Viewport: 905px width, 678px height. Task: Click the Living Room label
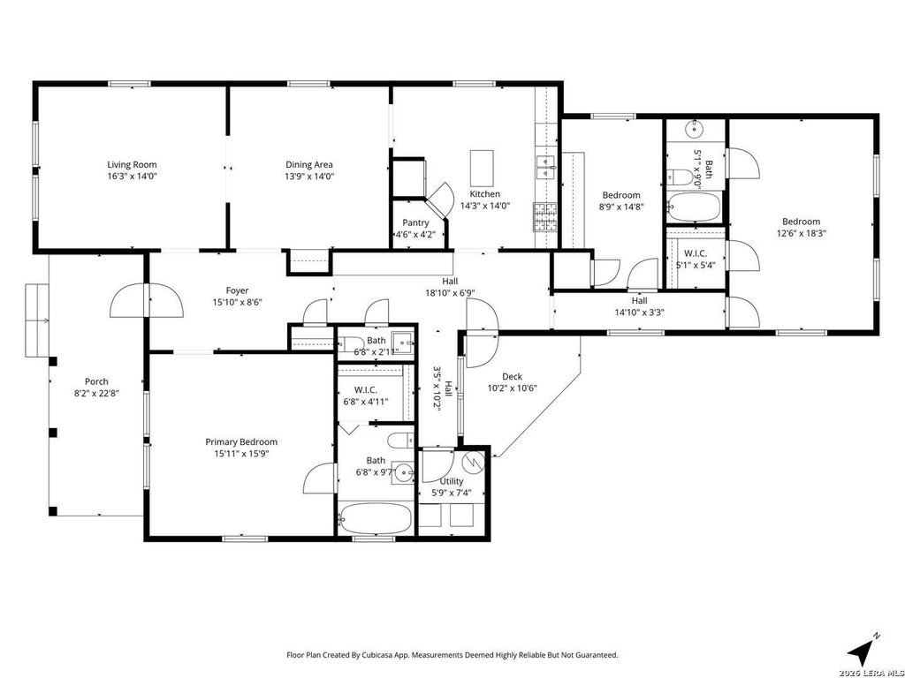(133, 165)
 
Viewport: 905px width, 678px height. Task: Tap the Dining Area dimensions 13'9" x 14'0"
(309, 177)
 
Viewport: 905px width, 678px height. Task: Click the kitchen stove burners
(545, 217)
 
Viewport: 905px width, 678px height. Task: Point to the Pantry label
(415, 223)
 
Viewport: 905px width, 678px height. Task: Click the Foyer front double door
(148, 302)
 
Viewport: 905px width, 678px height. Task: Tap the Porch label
(96, 381)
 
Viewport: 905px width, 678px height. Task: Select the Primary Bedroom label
(241, 442)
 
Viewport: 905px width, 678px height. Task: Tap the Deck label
(512, 376)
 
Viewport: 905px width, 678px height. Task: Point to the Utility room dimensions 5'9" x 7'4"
(452, 493)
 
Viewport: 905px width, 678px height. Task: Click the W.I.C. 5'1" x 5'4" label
(696, 260)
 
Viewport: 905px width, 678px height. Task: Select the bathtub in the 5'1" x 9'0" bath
(695, 207)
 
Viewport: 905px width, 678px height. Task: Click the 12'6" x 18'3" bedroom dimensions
(801, 233)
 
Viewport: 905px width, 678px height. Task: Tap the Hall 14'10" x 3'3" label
(639, 306)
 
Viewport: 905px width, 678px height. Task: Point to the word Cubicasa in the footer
(376, 656)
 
